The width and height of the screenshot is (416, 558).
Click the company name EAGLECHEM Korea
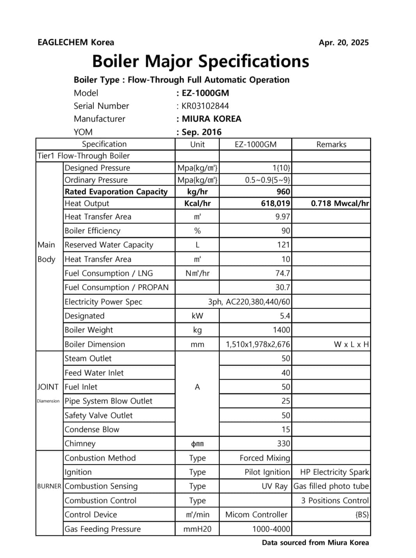[76, 42]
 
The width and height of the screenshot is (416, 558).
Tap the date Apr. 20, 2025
[343, 43]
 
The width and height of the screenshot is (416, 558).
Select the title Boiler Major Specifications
[201, 61]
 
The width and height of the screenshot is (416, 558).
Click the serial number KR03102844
[205, 106]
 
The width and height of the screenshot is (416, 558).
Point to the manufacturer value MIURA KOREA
[211, 119]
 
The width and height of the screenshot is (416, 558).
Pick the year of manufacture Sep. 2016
[201, 132]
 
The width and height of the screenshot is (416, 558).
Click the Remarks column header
[331, 144]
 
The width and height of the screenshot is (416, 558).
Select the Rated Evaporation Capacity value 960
[283, 192]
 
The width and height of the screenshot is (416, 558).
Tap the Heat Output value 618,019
[276, 203]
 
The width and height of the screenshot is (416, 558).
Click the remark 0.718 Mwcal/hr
[340, 203]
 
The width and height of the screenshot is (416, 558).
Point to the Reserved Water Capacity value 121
[283, 245]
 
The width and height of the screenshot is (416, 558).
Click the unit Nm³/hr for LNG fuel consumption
[197, 273]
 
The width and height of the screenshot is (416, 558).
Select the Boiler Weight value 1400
[281, 330]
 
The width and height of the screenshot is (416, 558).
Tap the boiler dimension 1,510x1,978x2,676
[258, 344]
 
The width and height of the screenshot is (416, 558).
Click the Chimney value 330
[283, 444]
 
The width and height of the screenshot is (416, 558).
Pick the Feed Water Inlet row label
[94, 373]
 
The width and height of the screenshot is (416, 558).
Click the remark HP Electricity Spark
[334, 472]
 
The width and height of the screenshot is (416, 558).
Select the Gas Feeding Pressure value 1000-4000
[271, 529]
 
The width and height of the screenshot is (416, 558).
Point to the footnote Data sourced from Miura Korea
[315, 542]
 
